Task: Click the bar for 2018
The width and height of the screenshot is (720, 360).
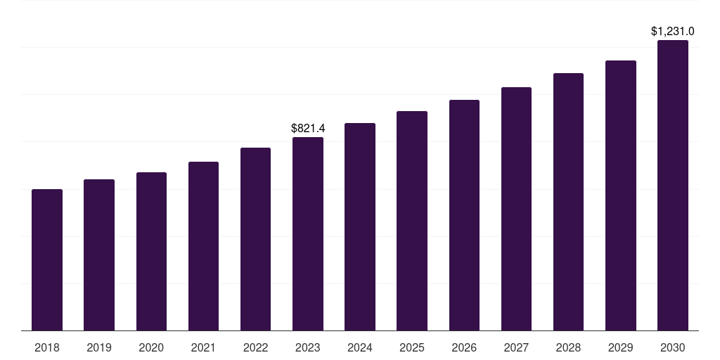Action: click(x=47, y=260)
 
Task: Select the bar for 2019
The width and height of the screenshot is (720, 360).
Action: click(x=99, y=255)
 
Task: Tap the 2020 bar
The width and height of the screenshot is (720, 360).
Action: click(x=151, y=252)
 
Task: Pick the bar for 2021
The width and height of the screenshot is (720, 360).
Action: click(x=203, y=246)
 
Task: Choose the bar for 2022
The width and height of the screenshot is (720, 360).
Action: click(x=255, y=239)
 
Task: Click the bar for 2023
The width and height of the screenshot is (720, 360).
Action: click(x=308, y=234)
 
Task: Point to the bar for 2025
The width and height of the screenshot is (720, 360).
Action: click(x=412, y=221)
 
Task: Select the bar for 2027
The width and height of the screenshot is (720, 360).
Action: click(x=516, y=209)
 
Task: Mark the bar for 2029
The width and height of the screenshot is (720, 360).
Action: click(x=621, y=195)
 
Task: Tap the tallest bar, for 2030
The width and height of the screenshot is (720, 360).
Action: click(x=673, y=186)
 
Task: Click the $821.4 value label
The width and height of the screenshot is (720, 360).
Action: click(x=308, y=128)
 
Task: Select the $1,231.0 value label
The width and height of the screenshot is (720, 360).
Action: click(x=673, y=31)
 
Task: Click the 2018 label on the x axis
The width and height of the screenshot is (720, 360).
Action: click(x=47, y=347)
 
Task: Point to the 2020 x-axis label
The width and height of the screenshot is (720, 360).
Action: click(x=151, y=347)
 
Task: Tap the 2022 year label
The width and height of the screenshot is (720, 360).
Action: click(x=255, y=347)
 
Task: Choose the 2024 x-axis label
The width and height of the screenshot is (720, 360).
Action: click(x=360, y=347)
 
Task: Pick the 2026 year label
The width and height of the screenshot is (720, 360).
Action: click(x=464, y=347)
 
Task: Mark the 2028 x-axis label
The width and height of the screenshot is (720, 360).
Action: click(x=568, y=347)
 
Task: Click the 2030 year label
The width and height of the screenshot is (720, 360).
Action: click(x=673, y=347)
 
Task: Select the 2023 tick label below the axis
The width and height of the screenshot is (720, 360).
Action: click(x=308, y=347)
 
